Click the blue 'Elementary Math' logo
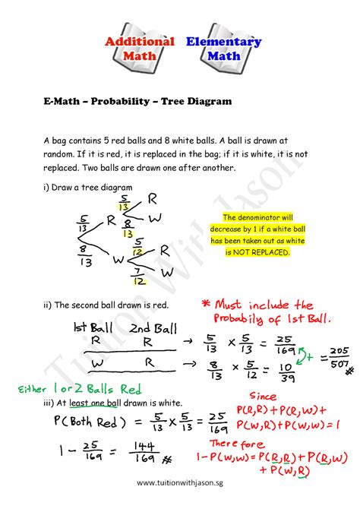223,49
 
